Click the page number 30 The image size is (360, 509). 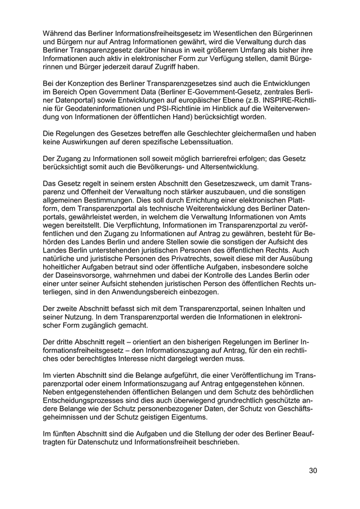[x=313, y=470]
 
